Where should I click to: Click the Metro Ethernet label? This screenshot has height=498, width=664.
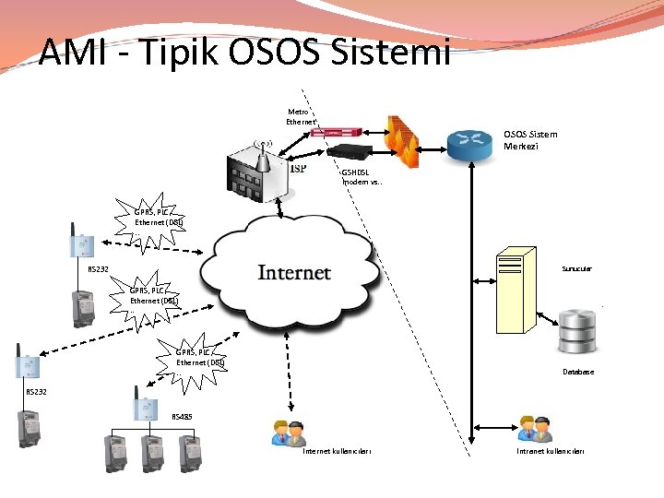click(302, 116)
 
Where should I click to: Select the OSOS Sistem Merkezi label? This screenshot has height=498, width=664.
click(530, 140)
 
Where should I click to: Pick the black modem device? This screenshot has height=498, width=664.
click(354, 152)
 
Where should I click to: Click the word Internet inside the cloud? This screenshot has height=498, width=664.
click(294, 272)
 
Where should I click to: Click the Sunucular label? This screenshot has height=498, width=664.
click(576, 268)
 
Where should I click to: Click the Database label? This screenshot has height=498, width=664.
click(578, 372)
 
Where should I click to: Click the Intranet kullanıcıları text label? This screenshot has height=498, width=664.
click(551, 451)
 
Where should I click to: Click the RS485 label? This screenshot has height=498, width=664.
click(183, 417)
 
